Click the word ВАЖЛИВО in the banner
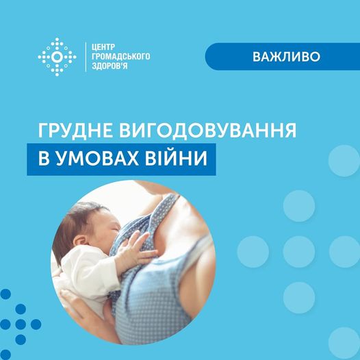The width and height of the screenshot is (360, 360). [x=286, y=57]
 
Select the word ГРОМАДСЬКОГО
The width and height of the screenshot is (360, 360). [x=120, y=57]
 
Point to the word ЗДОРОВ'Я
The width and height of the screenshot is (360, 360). [x=110, y=66]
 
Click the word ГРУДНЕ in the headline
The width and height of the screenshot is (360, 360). [x=75, y=130]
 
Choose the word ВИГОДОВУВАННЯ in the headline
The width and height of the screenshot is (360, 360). [x=207, y=130]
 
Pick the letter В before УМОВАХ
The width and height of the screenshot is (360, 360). [x=44, y=159]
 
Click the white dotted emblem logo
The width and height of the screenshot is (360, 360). [x=57, y=57]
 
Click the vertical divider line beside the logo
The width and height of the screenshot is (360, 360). [x=86, y=57]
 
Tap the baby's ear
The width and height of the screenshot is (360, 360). [x=81, y=241]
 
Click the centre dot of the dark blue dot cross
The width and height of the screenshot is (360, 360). [x=21, y=324]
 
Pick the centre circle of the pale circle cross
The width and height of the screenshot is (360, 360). [x=298, y=252]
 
